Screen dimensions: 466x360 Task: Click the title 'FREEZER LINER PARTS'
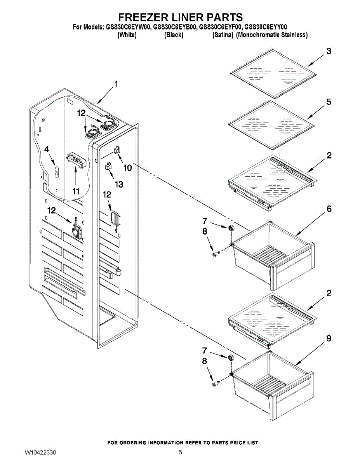click(180, 17)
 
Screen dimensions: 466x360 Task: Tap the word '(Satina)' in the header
click(223, 35)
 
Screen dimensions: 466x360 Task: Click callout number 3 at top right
click(329, 52)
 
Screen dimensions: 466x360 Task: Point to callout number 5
click(329, 102)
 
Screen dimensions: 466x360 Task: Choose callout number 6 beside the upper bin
click(329, 209)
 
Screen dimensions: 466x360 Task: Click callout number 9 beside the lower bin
click(329, 339)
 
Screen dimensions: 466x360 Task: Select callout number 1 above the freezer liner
click(116, 83)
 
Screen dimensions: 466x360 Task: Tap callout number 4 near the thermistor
click(47, 149)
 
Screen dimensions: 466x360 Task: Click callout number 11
click(75, 191)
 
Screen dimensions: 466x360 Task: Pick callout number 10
click(127, 168)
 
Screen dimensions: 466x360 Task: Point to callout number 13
click(118, 184)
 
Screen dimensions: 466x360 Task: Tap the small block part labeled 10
click(117, 150)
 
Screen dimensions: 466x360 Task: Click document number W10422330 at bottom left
click(40, 452)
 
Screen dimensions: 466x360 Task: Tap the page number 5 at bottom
click(180, 452)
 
